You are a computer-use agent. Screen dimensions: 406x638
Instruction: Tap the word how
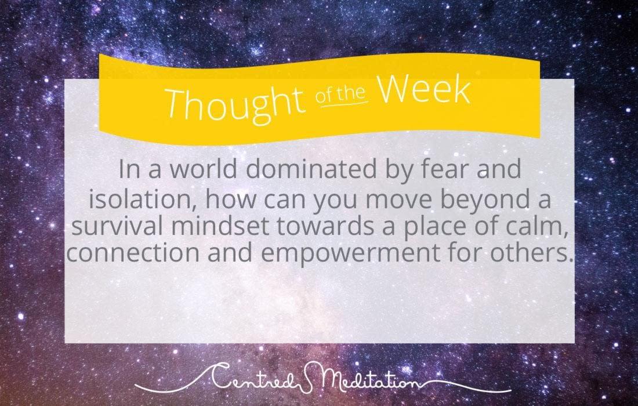click(x=231, y=199)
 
